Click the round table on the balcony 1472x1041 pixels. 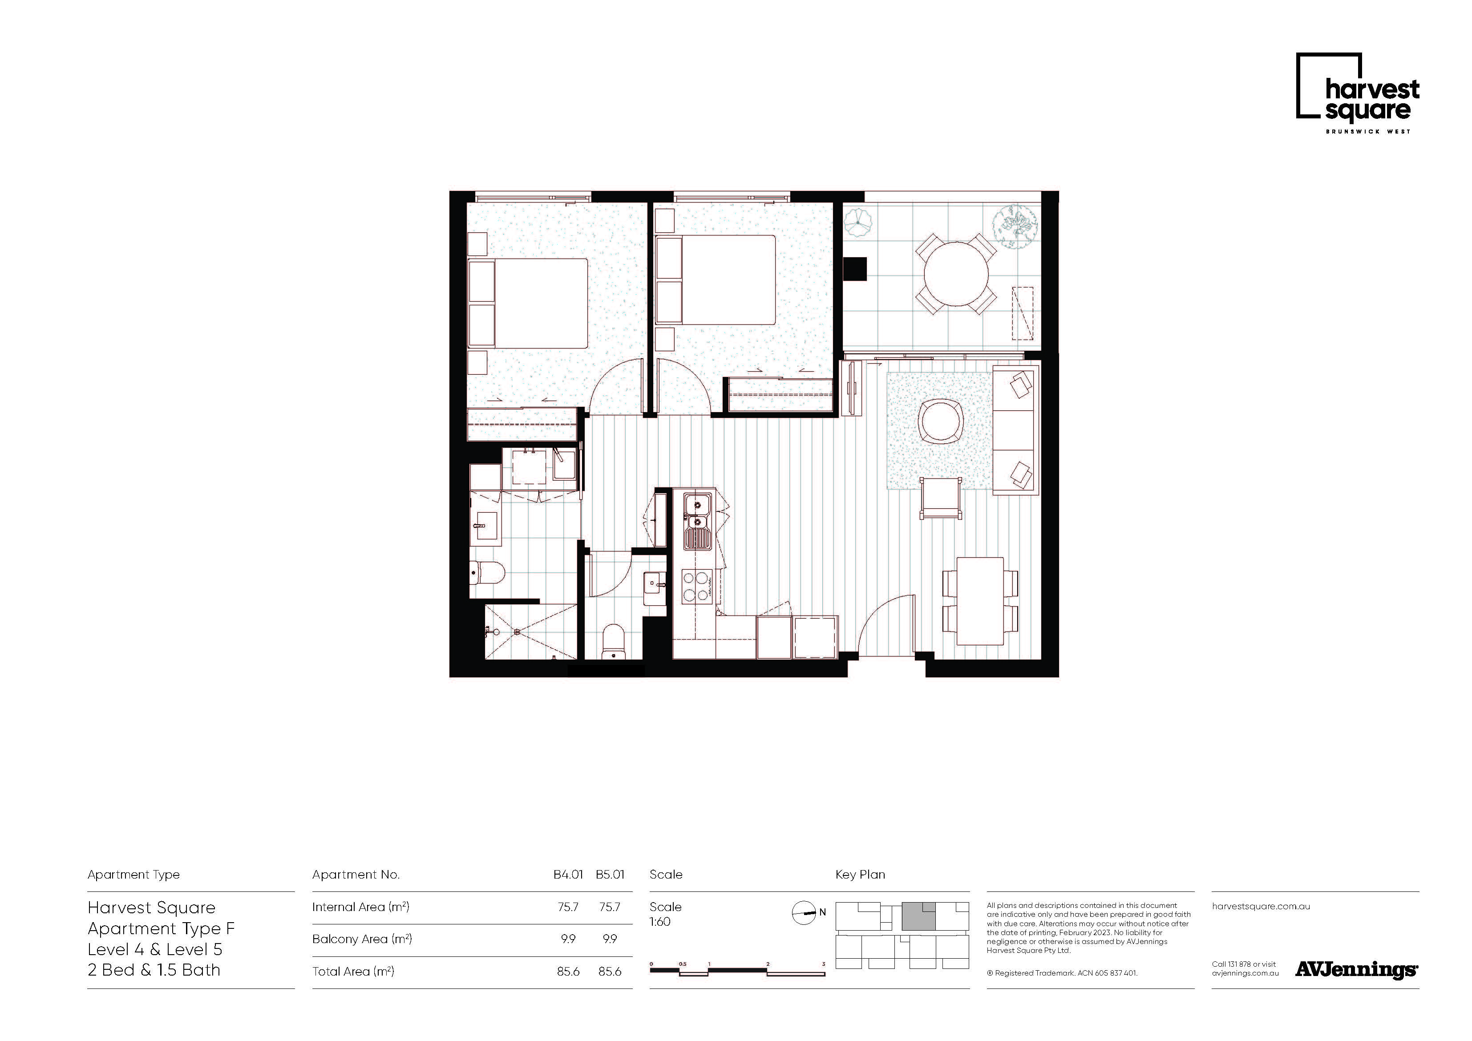click(x=955, y=274)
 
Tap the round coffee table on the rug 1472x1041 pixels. click(x=941, y=420)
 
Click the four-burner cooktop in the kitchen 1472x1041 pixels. click(x=697, y=586)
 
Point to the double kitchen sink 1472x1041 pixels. click(x=697, y=521)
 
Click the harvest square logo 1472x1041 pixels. click(x=1357, y=93)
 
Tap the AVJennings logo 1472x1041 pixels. click(x=1356, y=970)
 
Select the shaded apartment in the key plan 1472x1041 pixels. click(x=918, y=916)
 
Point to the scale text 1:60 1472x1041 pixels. click(x=660, y=922)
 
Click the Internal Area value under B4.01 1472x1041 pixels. click(x=568, y=907)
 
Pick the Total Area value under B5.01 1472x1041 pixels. click(x=610, y=972)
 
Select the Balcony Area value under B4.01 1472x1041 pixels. click(x=568, y=939)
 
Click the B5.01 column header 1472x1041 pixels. click(x=610, y=874)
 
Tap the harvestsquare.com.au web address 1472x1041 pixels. click(x=1261, y=906)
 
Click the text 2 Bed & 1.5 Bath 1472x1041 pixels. click(x=154, y=970)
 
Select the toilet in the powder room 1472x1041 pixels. click(x=614, y=641)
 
